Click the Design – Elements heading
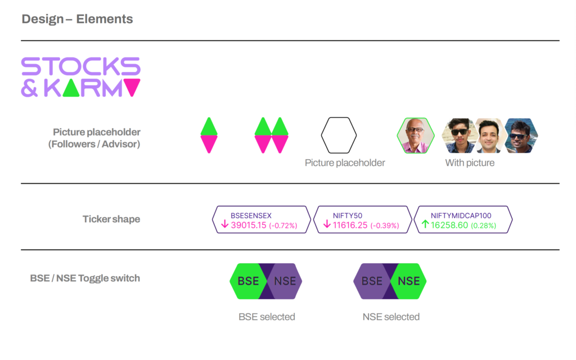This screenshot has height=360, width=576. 77,19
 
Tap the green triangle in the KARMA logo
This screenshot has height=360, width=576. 71,88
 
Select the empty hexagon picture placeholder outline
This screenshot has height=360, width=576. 339,135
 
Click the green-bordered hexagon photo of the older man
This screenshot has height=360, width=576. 416,135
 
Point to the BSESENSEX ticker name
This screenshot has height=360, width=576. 251,215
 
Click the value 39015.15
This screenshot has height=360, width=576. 248,225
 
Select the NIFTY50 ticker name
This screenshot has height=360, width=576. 348,215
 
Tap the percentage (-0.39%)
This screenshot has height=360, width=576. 385,226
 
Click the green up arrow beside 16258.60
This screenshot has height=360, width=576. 425,224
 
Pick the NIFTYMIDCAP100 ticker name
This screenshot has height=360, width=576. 461,215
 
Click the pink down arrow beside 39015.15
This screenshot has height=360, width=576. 225,224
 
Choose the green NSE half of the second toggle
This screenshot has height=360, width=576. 408,281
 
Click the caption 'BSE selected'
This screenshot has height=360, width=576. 267,317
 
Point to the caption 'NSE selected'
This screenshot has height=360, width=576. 391,317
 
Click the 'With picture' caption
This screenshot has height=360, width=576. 470,163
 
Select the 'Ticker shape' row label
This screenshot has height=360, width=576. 111,219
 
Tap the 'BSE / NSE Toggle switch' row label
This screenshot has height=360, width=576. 85,278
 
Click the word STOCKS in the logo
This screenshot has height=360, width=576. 81,66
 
